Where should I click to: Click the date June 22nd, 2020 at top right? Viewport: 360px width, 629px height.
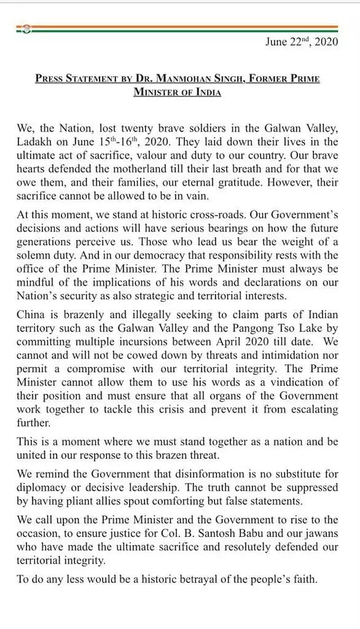pyautogui.click(x=301, y=42)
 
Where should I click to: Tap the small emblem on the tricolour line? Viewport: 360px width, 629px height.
pyautogui.click(x=25, y=29)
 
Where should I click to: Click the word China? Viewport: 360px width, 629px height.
pyautogui.click(x=31, y=314)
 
